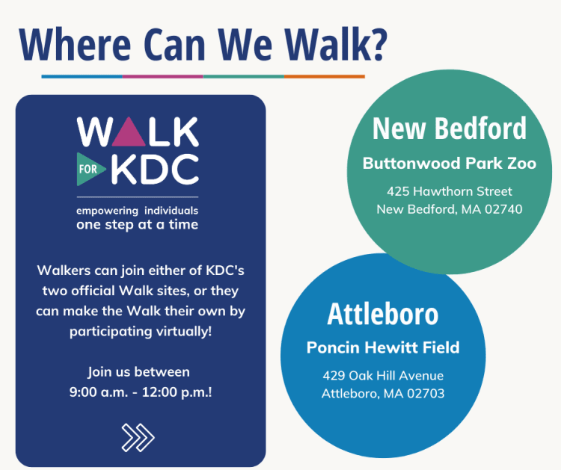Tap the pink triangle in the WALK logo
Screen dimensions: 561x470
(x=129, y=133)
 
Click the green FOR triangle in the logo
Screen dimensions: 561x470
(x=90, y=169)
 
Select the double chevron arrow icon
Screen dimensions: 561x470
(x=138, y=437)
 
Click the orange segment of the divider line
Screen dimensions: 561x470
(x=325, y=76)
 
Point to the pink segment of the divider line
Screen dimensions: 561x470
(x=163, y=76)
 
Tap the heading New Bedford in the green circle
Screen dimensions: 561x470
(x=450, y=129)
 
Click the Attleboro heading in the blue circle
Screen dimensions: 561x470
(x=383, y=314)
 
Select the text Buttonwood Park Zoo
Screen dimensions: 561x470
(x=450, y=164)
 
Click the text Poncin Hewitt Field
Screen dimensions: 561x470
(x=383, y=347)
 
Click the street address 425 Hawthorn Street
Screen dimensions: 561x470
(x=450, y=191)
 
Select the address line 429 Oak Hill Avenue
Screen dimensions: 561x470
(x=383, y=376)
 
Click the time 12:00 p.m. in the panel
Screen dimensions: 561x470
(x=176, y=392)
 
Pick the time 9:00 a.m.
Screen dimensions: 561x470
(x=99, y=392)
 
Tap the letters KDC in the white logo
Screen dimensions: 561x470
(x=155, y=169)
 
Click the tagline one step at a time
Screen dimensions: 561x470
(x=137, y=225)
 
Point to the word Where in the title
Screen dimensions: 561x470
(x=75, y=44)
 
